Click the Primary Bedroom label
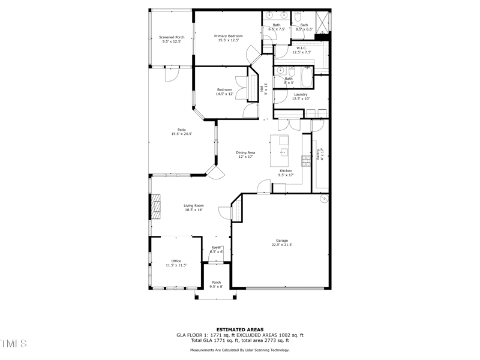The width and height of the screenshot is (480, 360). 229,36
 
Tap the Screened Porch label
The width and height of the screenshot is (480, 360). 172,37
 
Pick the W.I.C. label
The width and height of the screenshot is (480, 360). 301,48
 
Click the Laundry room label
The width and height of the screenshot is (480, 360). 301,94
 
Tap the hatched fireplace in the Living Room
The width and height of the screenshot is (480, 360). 156,207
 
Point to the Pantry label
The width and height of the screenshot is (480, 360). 319,154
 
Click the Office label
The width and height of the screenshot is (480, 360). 176,261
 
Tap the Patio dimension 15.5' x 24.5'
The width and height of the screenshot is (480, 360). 181,134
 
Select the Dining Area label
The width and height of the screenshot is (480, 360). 245,152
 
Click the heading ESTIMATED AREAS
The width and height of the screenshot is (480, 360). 240,329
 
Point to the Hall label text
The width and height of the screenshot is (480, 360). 262,88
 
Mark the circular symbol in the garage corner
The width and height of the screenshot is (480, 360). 324,199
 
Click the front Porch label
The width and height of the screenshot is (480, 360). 216,282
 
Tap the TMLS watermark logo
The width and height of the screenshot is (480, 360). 13,343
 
